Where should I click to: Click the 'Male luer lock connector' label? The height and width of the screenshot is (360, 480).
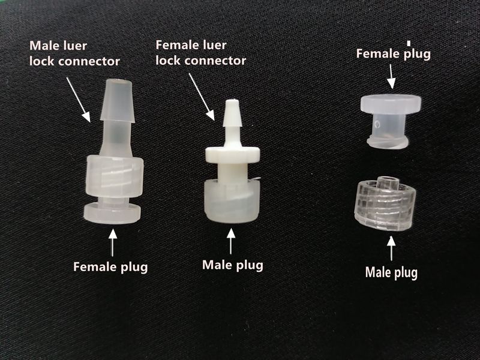(x=74, y=53)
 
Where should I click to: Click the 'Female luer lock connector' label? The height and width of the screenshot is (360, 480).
(x=201, y=53)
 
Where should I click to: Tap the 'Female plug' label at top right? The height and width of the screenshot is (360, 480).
(x=394, y=54)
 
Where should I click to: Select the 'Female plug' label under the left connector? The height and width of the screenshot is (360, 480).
(x=110, y=266)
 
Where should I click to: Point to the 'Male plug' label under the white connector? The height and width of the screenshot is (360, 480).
(x=233, y=265)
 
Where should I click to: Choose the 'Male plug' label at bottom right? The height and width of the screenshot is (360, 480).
(x=391, y=272)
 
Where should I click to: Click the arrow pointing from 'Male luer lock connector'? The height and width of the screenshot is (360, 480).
(x=79, y=99)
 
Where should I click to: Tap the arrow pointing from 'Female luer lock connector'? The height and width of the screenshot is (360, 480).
(x=202, y=97)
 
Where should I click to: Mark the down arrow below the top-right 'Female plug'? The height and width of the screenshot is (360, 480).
(x=391, y=76)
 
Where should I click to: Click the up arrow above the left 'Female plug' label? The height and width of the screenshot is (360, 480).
(x=113, y=242)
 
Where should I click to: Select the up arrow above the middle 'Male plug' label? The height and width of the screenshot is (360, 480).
(x=231, y=241)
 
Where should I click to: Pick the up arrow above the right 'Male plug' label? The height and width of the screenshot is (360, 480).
(x=391, y=248)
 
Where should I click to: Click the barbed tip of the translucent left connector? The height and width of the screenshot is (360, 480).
(x=118, y=101)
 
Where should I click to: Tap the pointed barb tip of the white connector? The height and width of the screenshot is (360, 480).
(x=233, y=113)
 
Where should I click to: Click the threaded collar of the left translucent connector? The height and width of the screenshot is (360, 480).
(x=115, y=176)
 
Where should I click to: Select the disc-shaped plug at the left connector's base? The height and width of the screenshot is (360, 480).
(x=112, y=214)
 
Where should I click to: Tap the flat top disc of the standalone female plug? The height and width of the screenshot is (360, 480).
(x=391, y=103)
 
